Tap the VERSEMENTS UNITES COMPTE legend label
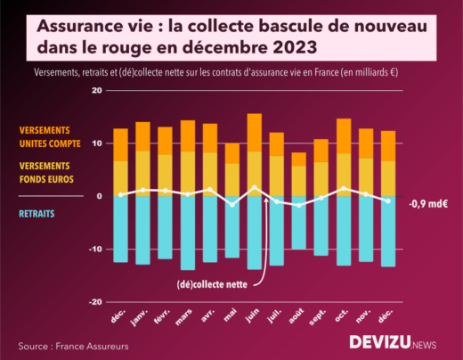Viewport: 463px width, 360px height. (x=56, y=136)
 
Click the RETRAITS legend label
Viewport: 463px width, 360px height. (x=37, y=214)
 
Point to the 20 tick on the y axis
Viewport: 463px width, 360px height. (x=96, y=91)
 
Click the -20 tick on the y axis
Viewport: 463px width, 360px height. (x=94, y=302)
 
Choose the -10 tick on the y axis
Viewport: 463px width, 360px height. (x=94, y=250)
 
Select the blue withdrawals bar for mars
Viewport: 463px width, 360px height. (x=187, y=233)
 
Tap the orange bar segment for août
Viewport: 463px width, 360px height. (x=298, y=160)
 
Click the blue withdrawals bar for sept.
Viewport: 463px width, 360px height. (x=321, y=226)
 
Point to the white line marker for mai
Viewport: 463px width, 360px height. (x=231, y=205)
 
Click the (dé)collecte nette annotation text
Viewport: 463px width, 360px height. (x=212, y=284)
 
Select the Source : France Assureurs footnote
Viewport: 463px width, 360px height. (x=72, y=345)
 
